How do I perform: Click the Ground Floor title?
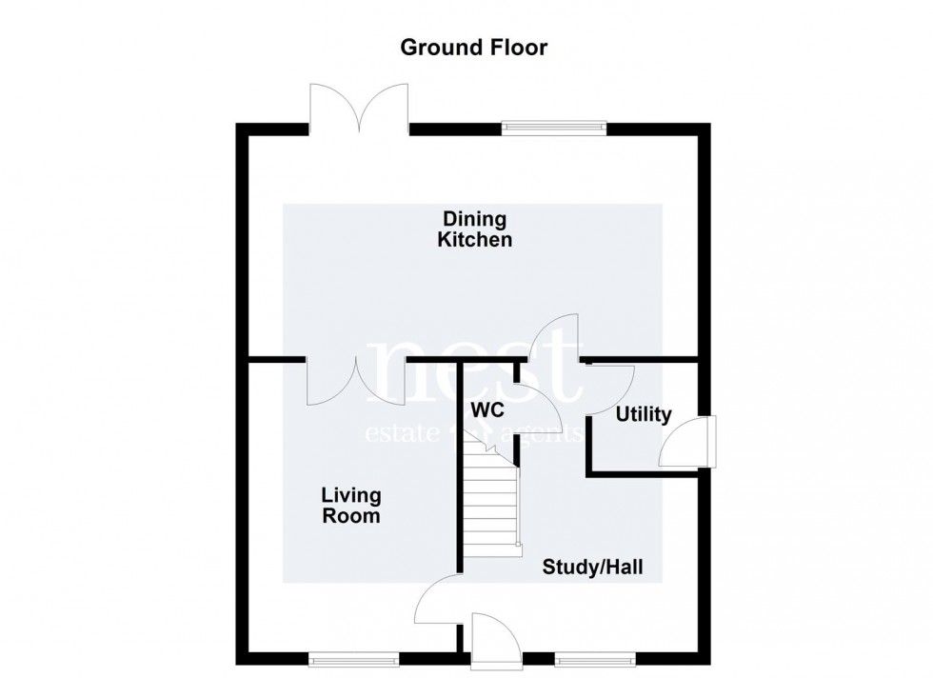pyautogui.click(x=473, y=47)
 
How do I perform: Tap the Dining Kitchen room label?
pyautogui.click(x=474, y=229)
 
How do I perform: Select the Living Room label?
pyautogui.click(x=350, y=506)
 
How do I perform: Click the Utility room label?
pyautogui.click(x=644, y=415)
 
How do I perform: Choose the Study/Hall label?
pyautogui.click(x=592, y=568)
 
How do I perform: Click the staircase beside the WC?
pyautogui.click(x=492, y=505)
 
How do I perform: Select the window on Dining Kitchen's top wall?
pyautogui.click(x=554, y=125)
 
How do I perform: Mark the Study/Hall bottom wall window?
pyautogui.click(x=595, y=656)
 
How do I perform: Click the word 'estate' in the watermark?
pyautogui.click(x=401, y=434)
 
